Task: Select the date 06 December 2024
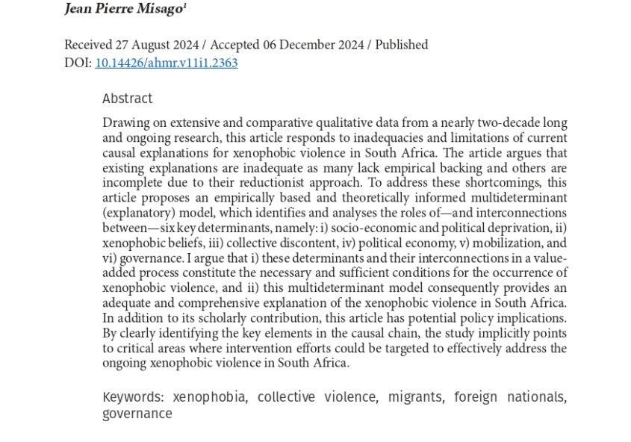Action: (x=313, y=45)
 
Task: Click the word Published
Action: (x=402, y=45)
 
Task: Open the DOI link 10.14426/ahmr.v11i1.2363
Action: (x=167, y=63)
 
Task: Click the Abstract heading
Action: (x=127, y=99)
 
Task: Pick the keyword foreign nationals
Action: (x=509, y=396)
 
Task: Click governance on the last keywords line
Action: (x=137, y=414)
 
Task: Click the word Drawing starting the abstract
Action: (x=125, y=122)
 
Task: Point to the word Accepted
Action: (x=236, y=45)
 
